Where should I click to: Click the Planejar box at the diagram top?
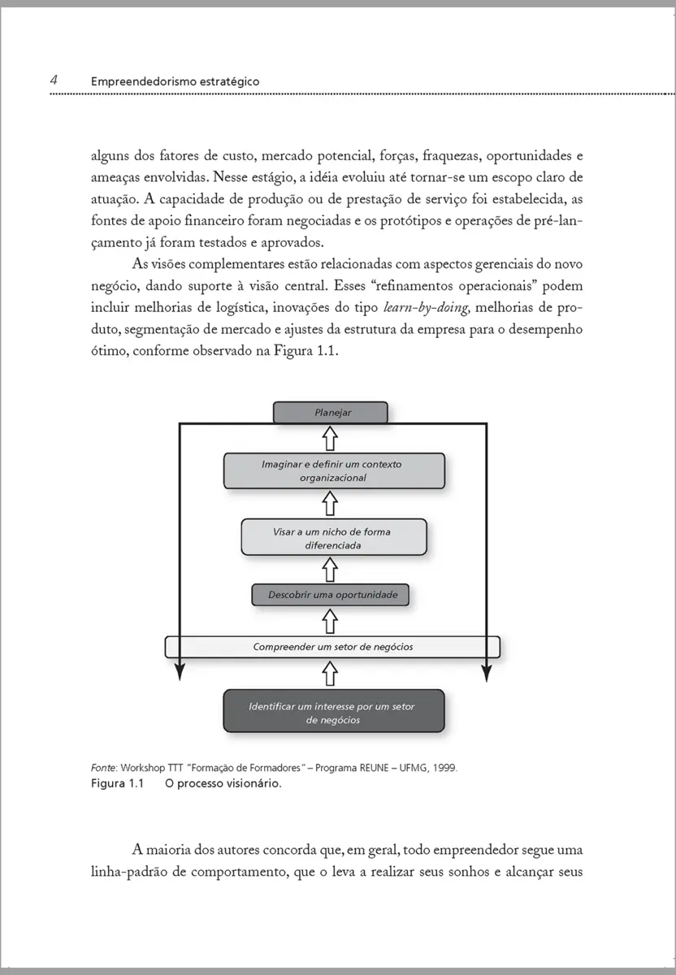[x=331, y=413]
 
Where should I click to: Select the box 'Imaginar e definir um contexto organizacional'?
[x=334, y=471]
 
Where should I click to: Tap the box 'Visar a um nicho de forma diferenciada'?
[x=334, y=538]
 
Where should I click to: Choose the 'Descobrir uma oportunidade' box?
[x=331, y=596]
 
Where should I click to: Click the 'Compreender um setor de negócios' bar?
[x=332, y=647]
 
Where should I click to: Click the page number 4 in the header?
[x=53, y=80]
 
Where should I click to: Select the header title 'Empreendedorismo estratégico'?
[x=175, y=81]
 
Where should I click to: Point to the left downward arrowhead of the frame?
[x=180, y=674]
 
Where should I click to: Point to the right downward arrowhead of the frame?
[x=486, y=674]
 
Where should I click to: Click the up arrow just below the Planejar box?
[x=330, y=439]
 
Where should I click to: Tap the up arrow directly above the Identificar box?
[x=330, y=673]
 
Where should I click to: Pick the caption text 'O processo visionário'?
[x=223, y=784]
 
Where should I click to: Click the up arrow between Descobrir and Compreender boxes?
[x=330, y=622]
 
